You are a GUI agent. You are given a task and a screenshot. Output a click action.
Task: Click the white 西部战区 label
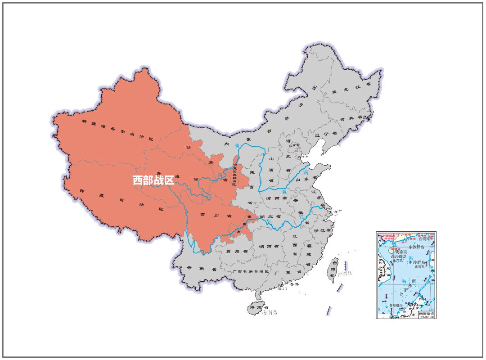153,180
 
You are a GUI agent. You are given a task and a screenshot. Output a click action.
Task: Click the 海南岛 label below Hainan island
270,312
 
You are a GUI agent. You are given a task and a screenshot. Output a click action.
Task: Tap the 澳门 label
282,289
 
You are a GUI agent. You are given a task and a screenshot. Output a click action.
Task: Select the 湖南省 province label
268,247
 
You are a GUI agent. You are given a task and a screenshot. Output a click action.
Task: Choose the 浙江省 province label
322,230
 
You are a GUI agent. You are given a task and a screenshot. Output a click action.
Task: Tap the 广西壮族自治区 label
251,272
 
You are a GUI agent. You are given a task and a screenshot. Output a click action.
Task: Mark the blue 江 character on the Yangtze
301,217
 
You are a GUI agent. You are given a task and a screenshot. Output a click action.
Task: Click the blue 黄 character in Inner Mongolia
237,146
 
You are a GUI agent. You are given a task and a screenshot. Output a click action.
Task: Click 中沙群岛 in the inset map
417,262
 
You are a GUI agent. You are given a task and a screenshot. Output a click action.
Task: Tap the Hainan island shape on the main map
255,309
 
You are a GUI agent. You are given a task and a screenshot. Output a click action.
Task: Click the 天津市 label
306,156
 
